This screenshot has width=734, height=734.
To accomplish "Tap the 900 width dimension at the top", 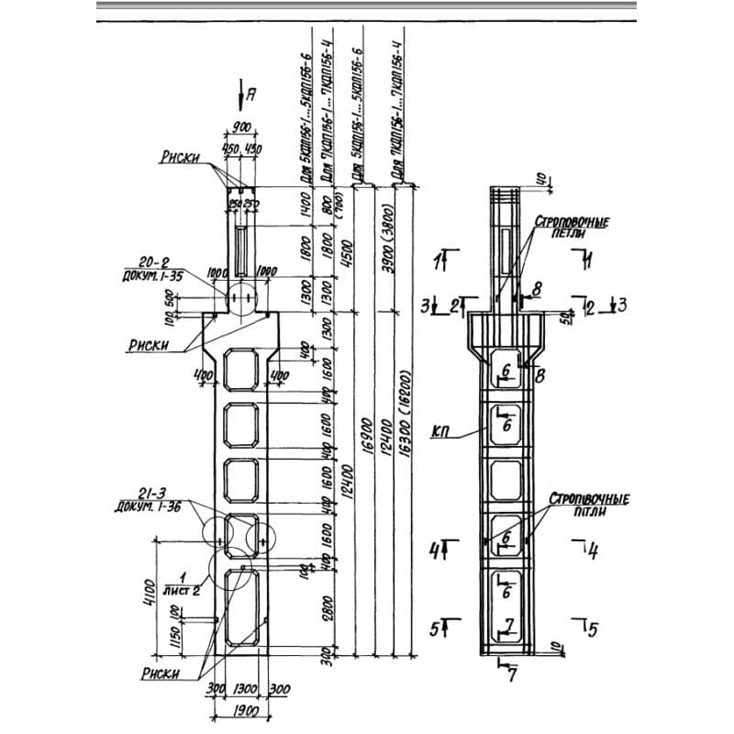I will [x=240, y=128].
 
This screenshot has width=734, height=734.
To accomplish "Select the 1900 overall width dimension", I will [x=240, y=712].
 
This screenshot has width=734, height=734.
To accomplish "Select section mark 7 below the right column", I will [x=512, y=677].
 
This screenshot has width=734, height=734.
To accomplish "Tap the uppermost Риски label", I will [x=180, y=158].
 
